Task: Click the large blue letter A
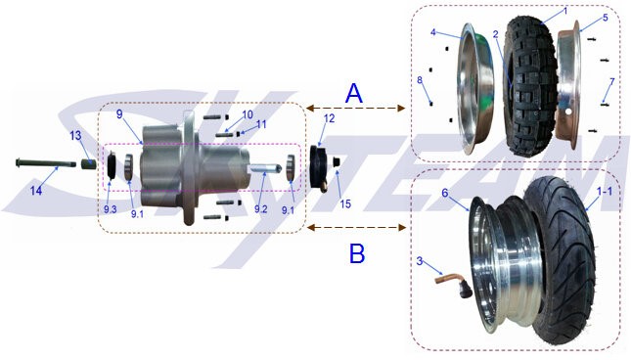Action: point(354,94)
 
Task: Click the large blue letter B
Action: point(357,253)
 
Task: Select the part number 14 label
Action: point(36,190)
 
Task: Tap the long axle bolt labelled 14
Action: point(45,163)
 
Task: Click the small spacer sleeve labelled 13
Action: point(89,164)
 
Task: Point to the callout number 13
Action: point(75,136)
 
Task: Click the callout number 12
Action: point(329,118)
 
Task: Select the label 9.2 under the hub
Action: point(261,209)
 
